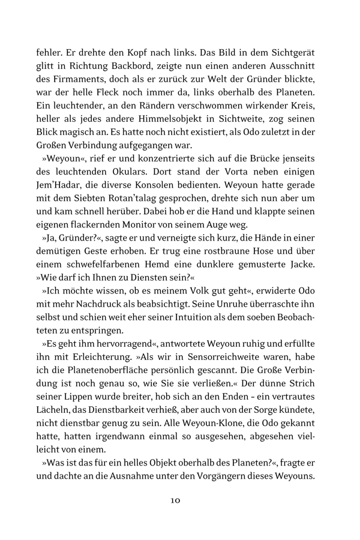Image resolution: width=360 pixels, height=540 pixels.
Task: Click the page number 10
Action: pyautogui.click(x=180, y=499)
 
